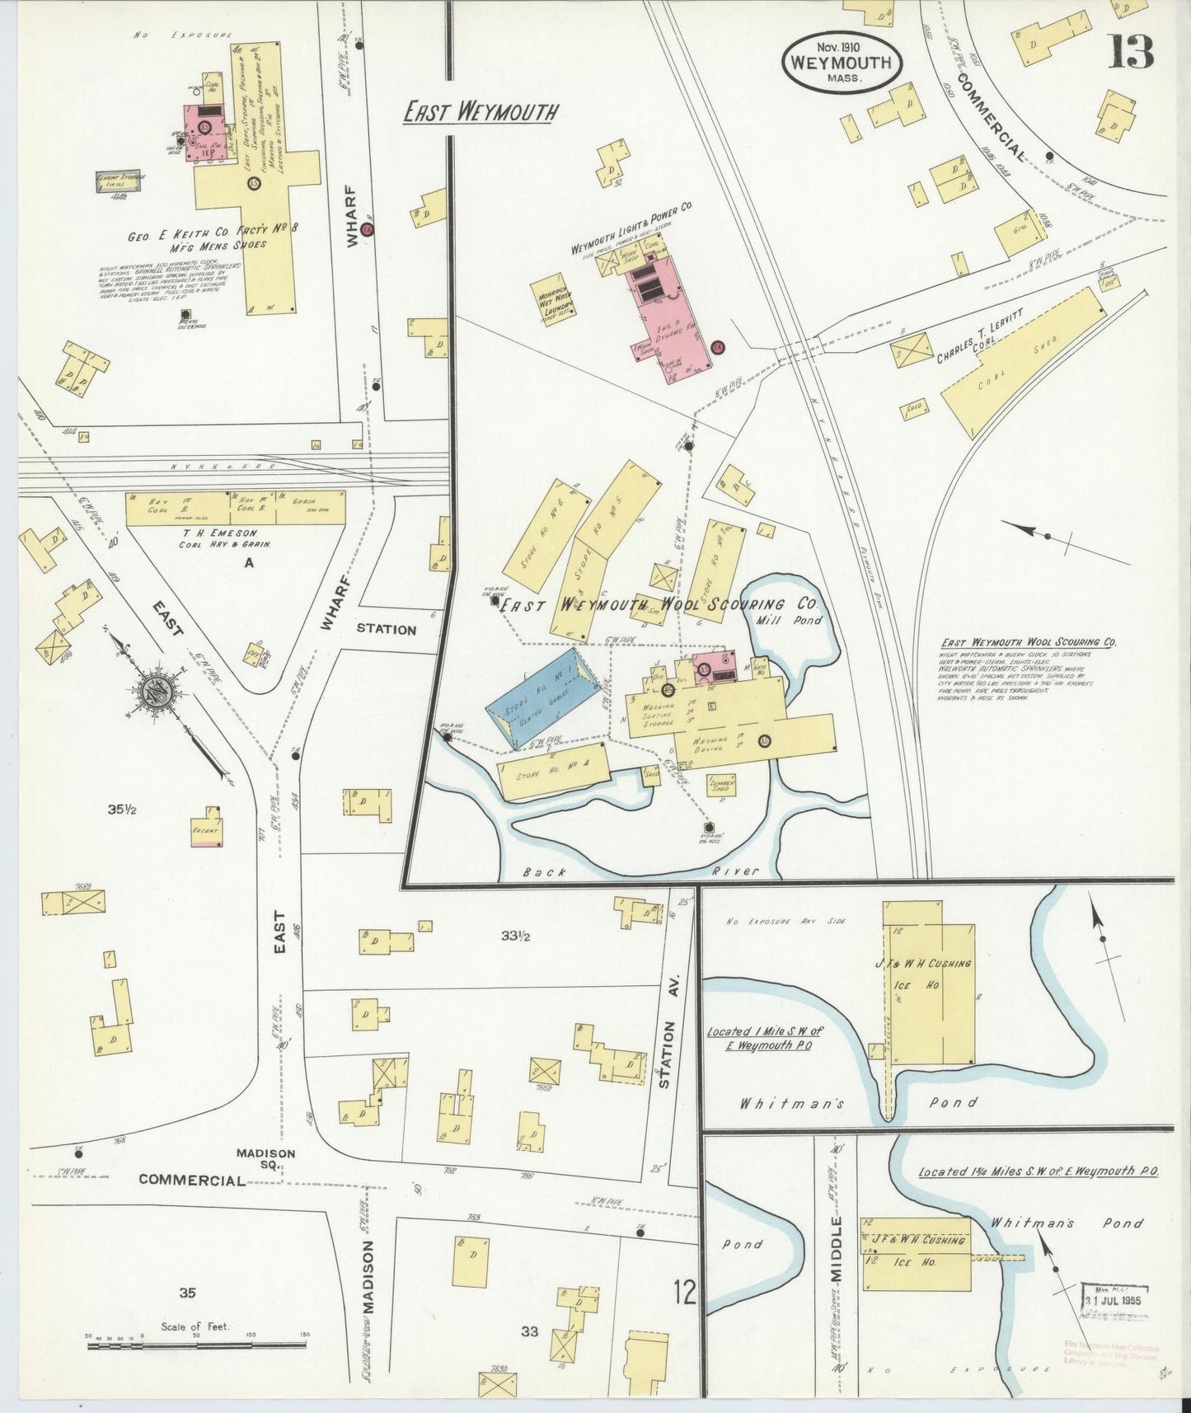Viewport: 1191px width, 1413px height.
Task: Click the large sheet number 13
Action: (1130, 52)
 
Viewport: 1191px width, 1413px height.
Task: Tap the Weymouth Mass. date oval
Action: (841, 61)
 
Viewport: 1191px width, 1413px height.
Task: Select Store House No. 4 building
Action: (554, 771)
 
